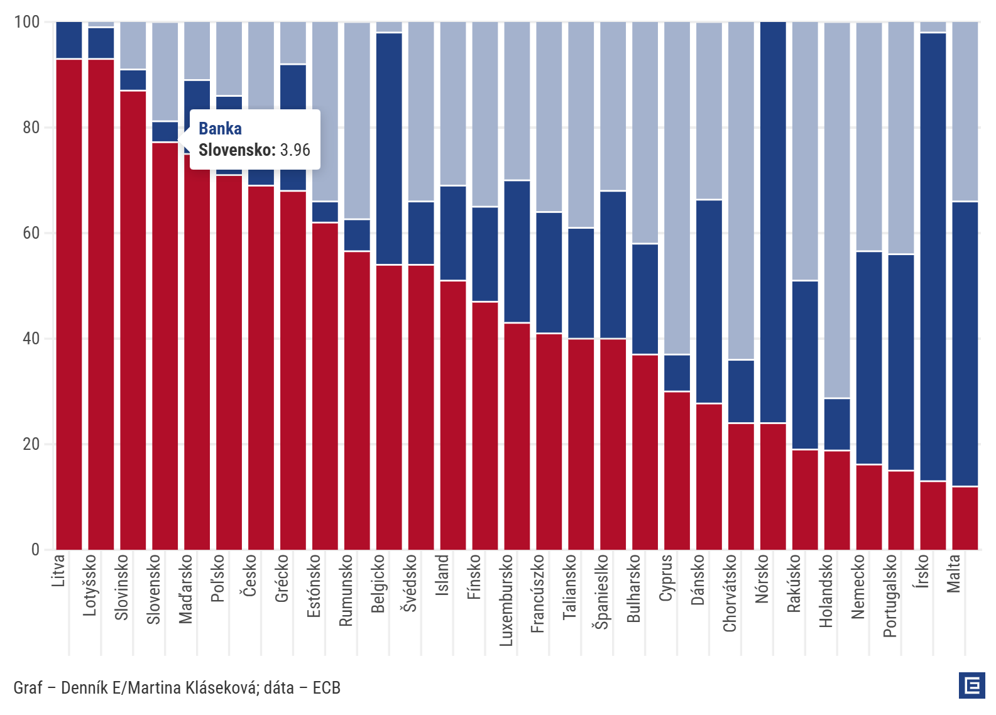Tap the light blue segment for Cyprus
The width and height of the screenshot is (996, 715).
[x=677, y=188]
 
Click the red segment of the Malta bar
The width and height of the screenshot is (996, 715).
[x=965, y=518]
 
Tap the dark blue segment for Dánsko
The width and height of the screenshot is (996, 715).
[x=709, y=302]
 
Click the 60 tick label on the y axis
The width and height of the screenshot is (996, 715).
[x=31, y=233]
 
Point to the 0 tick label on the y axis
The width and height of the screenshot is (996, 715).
[x=35, y=550]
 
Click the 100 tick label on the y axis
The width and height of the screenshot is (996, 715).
[x=26, y=22]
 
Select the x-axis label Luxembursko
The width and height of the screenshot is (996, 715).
[x=506, y=600]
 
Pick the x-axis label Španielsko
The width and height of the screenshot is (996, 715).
[x=602, y=591]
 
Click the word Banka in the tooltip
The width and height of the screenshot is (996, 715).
[x=220, y=129]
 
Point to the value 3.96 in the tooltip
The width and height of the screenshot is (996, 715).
[x=295, y=150]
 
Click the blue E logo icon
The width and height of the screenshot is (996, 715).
[x=971, y=685]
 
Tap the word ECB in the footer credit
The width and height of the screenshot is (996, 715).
[x=326, y=688]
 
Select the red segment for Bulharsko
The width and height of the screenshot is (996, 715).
[x=645, y=452]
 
